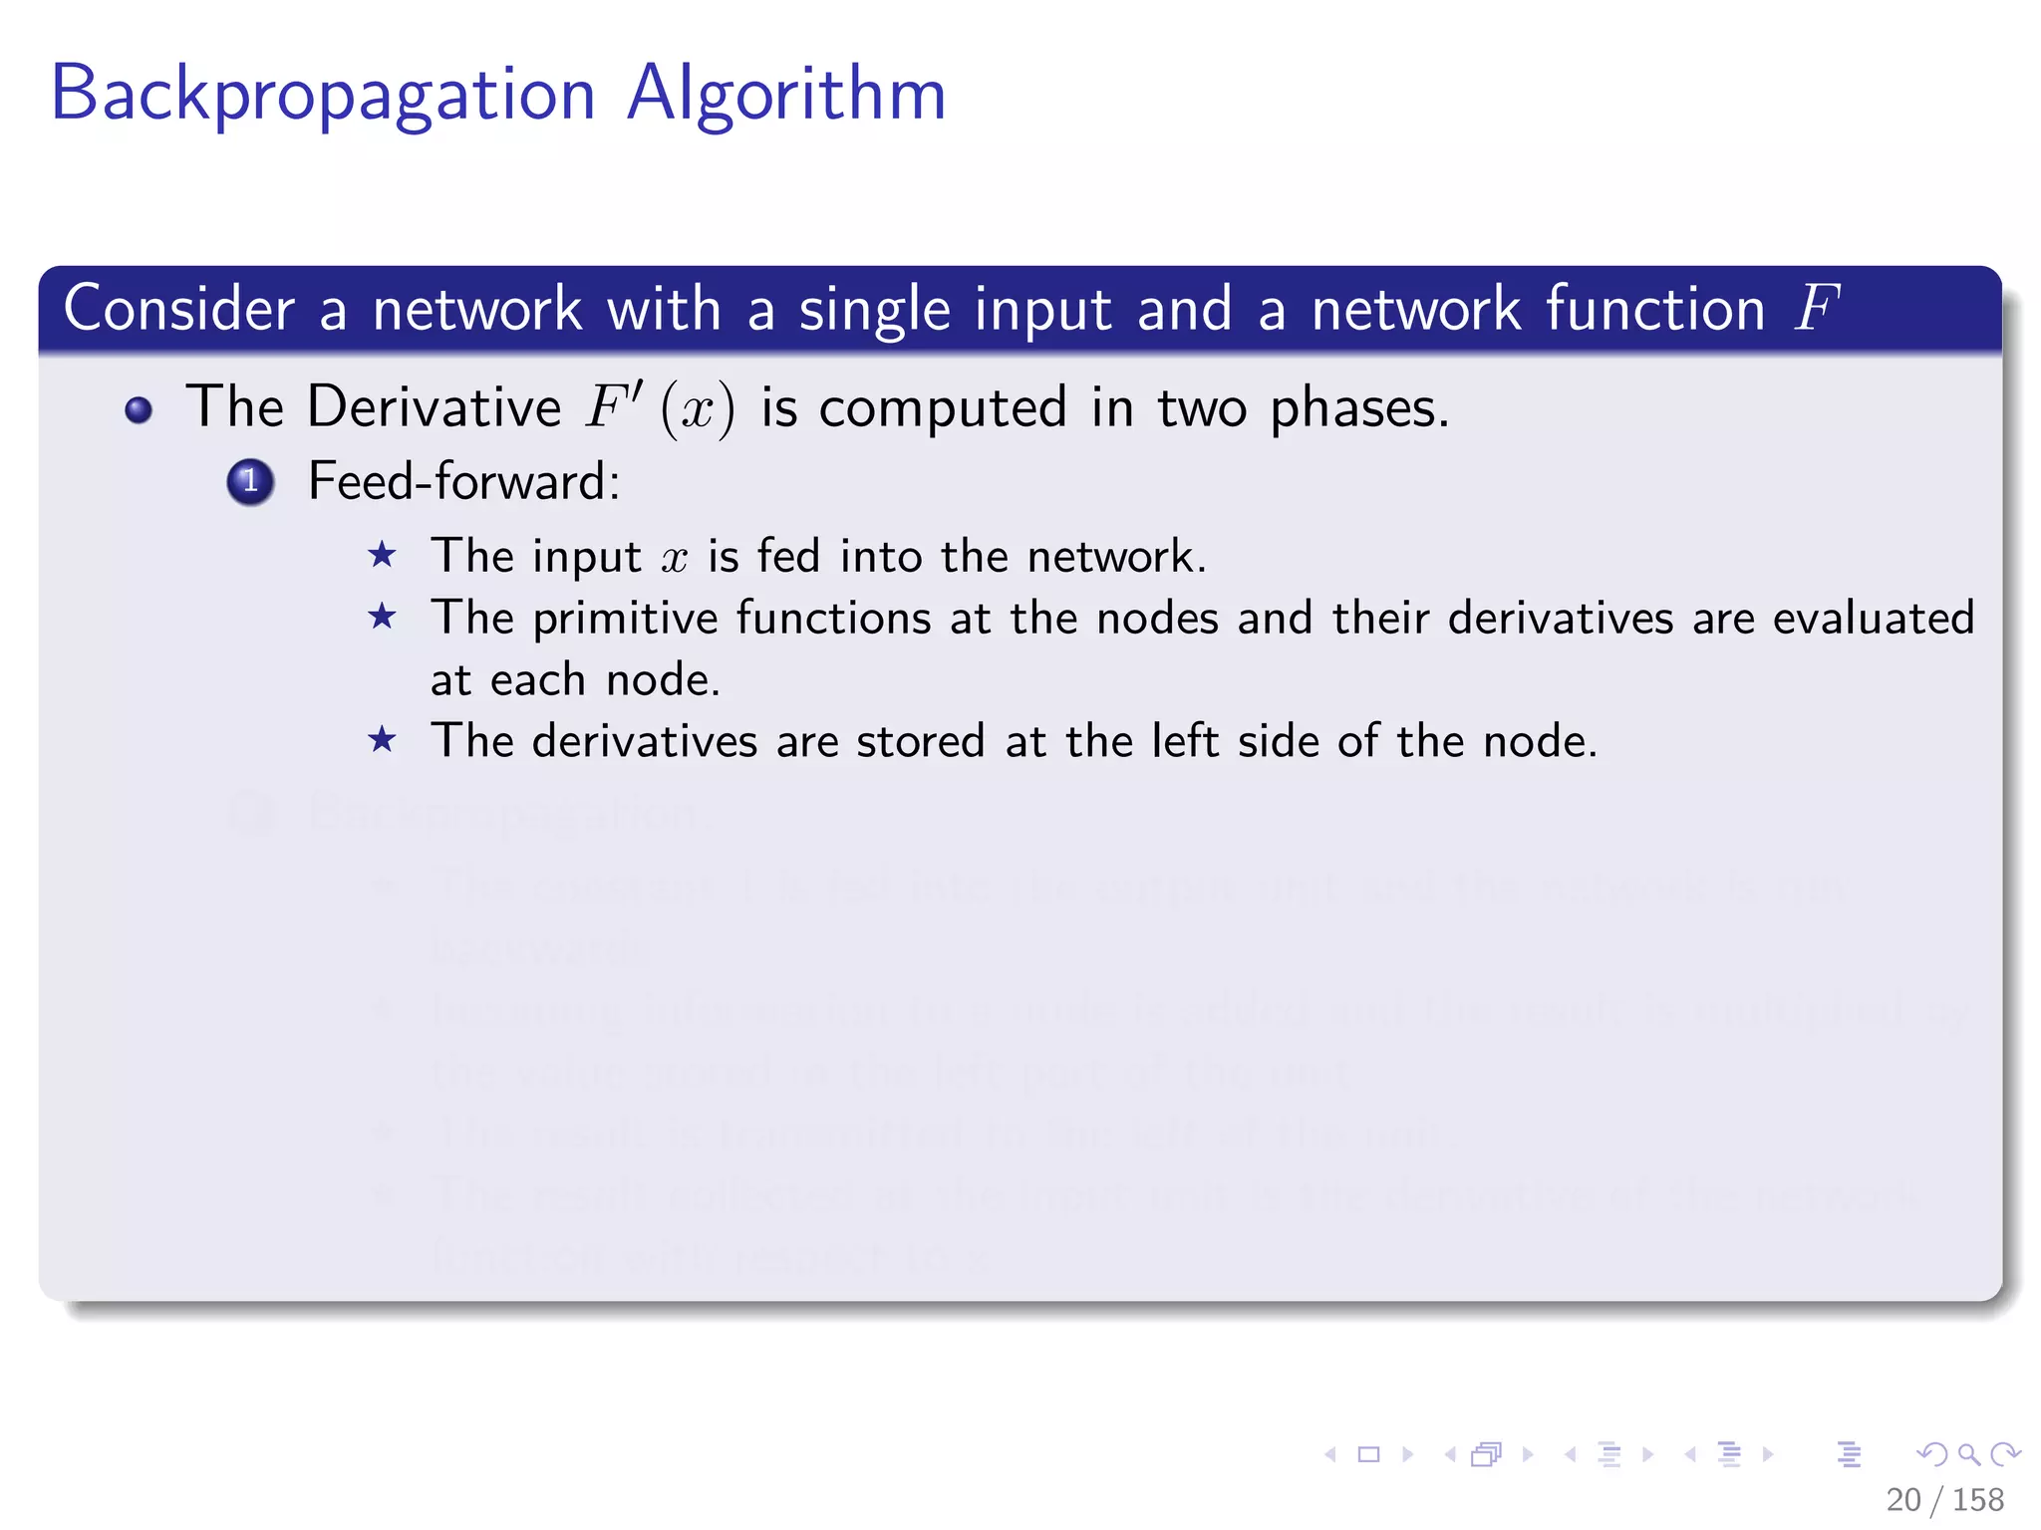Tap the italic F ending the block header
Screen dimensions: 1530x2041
click(1816, 308)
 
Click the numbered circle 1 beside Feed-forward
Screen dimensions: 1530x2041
click(250, 482)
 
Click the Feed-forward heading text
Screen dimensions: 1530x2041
click(463, 482)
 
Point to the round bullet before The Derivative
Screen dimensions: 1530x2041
click(139, 410)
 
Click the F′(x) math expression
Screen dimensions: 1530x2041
click(660, 407)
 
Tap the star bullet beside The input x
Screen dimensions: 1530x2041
click(382, 555)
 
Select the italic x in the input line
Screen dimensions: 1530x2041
click(675, 558)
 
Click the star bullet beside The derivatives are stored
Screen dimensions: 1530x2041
click(382, 740)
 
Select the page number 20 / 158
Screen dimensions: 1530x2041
click(1944, 1499)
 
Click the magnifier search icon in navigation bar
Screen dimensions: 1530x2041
click(1968, 1454)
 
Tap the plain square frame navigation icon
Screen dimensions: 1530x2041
click(1369, 1454)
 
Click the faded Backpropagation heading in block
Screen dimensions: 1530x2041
click(503, 814)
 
